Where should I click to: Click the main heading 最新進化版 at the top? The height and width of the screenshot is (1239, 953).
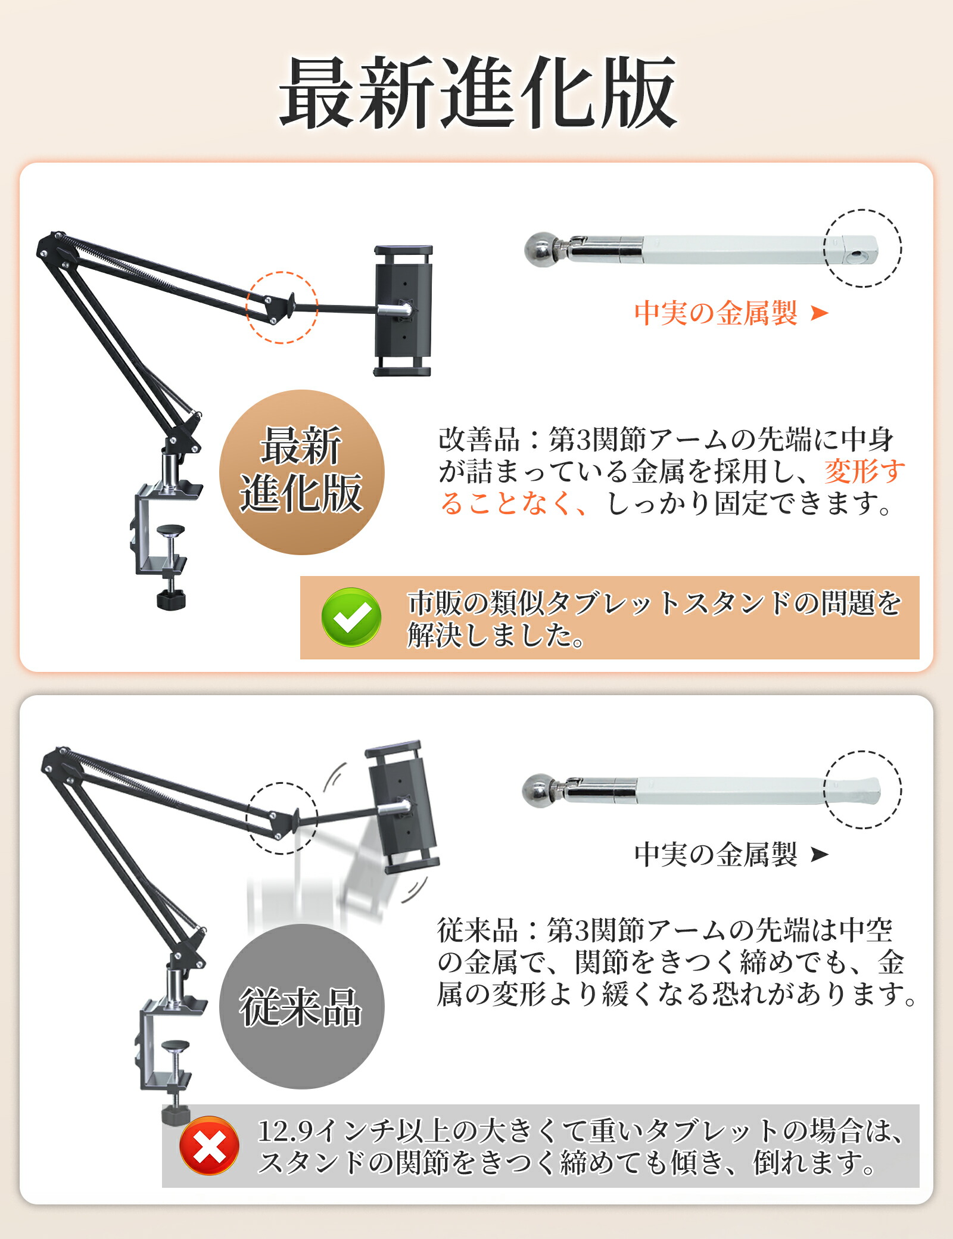click(478, 92)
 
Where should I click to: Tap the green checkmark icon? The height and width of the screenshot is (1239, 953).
click(351, 617)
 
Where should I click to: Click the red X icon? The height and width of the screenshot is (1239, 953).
click(209, 1145)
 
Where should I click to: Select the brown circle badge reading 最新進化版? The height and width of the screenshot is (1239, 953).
click(302, 472)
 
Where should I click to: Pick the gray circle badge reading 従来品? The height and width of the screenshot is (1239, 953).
click(302, 1007)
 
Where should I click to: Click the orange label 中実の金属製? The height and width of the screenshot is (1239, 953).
click(716, 313)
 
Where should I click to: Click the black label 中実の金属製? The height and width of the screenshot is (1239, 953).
click(716, 854)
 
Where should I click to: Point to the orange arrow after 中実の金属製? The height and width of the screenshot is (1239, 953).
click(820, 313)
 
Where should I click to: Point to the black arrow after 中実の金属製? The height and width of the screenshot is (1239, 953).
click(820, 854)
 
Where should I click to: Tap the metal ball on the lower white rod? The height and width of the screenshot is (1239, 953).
click(538, 791)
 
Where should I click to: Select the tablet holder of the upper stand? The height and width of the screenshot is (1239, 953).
click(403, 310)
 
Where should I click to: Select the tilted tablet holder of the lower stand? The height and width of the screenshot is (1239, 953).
click(403, 807)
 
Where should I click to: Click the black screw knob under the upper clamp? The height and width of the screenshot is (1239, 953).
click(171, 599)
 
